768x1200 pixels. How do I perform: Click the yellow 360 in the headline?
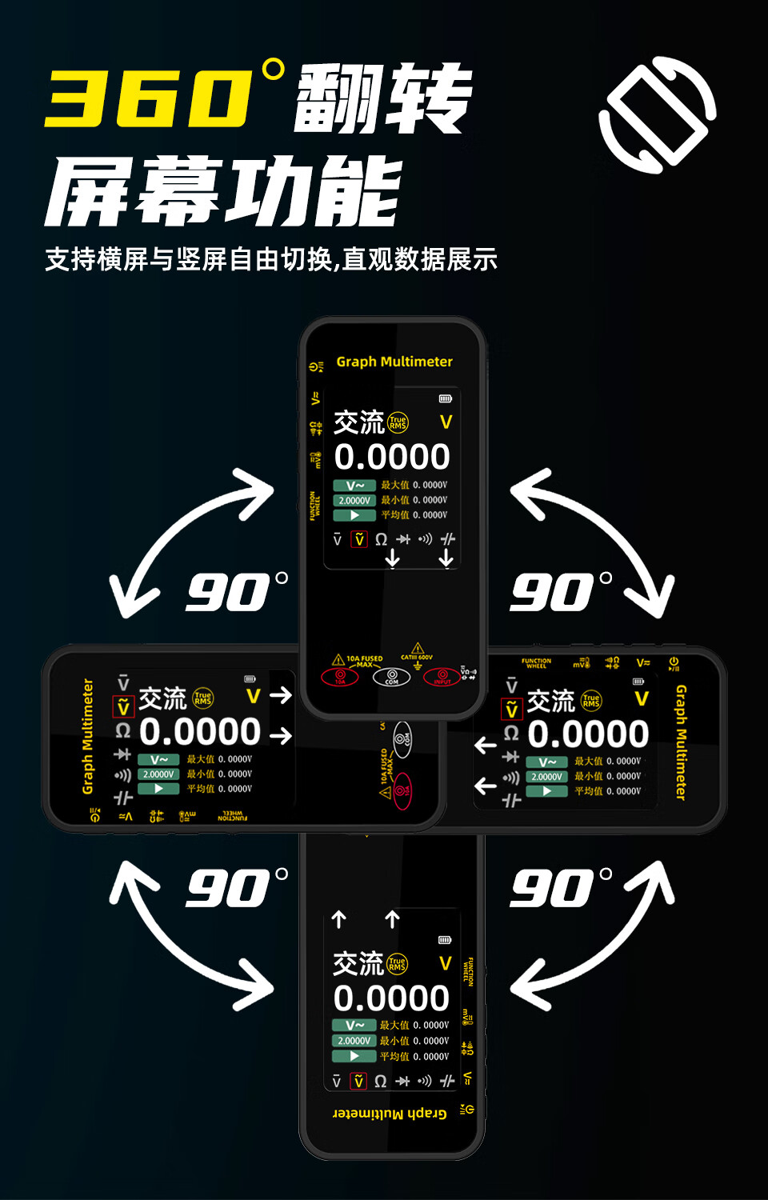pos(148,98)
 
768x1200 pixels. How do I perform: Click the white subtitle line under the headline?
pos(271,259)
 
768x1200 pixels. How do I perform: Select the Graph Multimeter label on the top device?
pos(394,362)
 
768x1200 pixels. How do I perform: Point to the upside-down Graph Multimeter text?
pos(390,1113)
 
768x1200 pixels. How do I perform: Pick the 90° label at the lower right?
pos(560,889)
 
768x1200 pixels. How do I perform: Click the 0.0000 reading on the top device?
pos(392,457)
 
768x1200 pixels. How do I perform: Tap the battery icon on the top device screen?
pos(446,398)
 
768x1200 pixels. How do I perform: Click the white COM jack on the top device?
pos(392,677)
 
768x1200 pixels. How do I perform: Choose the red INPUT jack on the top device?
pos(442,677)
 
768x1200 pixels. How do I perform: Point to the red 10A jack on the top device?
pos(340,677)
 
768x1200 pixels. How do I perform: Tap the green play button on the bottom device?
pos(354,1056)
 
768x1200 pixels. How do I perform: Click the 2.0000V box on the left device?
pos(158,774)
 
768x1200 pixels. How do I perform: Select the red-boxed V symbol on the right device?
pos(511,710)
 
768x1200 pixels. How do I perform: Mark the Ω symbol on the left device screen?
pos(122,730)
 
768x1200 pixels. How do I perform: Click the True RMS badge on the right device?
pos(591,701)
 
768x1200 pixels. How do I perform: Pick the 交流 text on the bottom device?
pos(358,963)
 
